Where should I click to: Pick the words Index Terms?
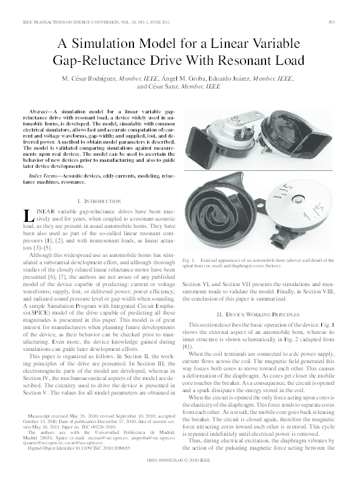(44, 175)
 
